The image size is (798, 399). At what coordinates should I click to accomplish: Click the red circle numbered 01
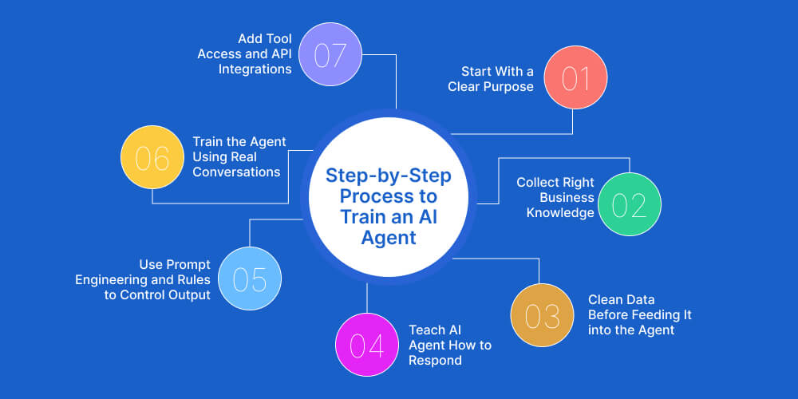(x=575, y=79)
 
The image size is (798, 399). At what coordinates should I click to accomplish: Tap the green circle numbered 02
(x=630, y=204)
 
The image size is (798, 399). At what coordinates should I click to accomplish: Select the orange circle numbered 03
(x=542, y=315)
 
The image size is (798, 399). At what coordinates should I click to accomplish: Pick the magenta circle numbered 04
(x=366, y=345)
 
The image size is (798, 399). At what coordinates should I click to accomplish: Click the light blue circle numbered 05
(x=250, y=279)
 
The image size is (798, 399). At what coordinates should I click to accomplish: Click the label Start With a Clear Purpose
(x=491, y=79)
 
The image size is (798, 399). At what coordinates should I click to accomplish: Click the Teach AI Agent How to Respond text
(x=450, y=345)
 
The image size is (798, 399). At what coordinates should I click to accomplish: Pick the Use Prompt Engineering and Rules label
(x=143, y=279)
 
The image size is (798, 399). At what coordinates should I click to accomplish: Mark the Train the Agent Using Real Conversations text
(x=239, y=156)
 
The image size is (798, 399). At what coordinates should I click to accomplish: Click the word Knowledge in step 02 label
(x=560, y=212)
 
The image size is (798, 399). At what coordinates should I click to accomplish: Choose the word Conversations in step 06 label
(x=236, y=172)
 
